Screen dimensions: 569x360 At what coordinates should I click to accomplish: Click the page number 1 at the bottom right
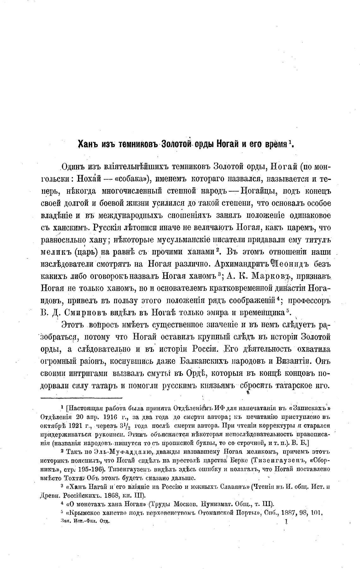pos(286,522)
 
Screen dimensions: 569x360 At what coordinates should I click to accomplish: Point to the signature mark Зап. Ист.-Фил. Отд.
pos(85,522)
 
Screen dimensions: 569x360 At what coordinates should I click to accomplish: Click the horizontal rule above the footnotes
pos(81,398)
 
